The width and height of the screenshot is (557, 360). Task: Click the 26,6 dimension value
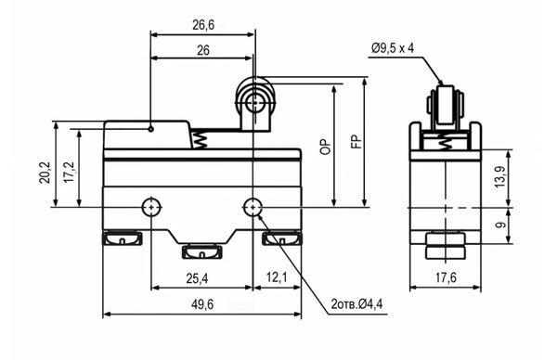(203, 25)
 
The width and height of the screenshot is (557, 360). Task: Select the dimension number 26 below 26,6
(203, 50)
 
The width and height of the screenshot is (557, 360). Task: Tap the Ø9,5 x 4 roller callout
(393, 48)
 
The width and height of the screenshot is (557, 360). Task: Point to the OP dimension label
(325, 147)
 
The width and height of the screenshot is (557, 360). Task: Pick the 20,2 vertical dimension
(45, 173)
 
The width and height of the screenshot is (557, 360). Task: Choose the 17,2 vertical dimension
(69, 173)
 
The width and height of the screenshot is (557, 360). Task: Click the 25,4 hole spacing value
(197, 278)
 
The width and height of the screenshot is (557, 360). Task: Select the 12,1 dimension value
(277, 277)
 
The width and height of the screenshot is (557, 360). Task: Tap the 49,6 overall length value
(202, 304)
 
